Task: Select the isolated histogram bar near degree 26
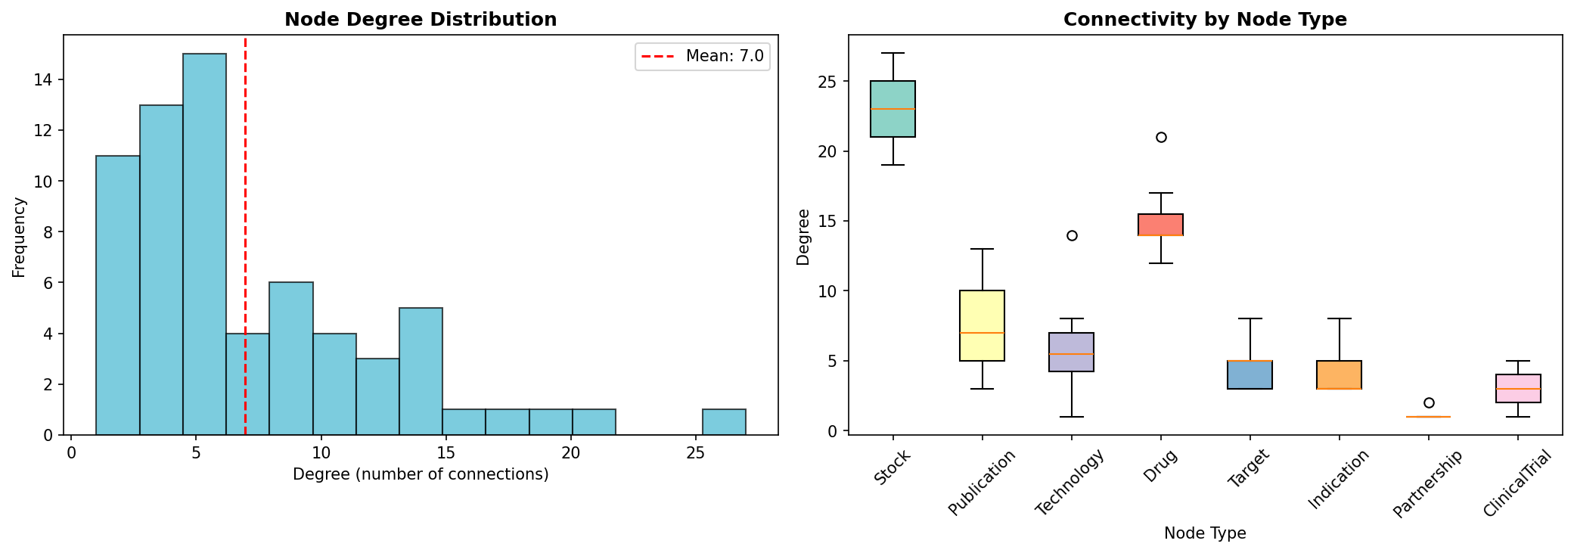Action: [x=724, y=422]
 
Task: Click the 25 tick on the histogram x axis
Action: [x=695, y=453]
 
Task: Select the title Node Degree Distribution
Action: [x=421, y=20]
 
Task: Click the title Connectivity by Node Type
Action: [x=1205, y=20]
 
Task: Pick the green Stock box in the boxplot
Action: [x=893, y=109]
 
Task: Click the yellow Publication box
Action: [x=982, y=325]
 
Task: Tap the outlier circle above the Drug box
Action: [x=1161, y=137]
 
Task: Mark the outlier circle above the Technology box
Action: [x=1072, y=235]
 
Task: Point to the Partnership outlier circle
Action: [x=1429, y=402]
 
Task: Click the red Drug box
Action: [x=1160, y=225]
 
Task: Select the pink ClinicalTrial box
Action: [x=1518, y=388]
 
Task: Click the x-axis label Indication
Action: [x=1337, y=480]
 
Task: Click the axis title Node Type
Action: [x=1205, y=533]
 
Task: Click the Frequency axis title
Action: [x=19, y=237]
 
